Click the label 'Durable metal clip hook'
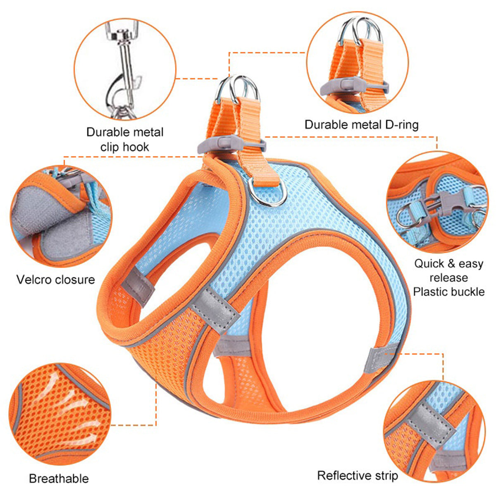pyautogui.click(x=124, y=139)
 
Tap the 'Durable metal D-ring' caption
pyautogui.click(x=361, y=124)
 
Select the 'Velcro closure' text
pyautogui.click(x=55, y=280)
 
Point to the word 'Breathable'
pyautogui.click(x=59, y=479)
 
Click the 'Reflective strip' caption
pyautogui.click(x=358, y=476)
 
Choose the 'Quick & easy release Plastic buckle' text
pyautogui.click(x=448, y=278)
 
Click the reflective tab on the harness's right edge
pyautogui.click(x=382, y=360)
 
